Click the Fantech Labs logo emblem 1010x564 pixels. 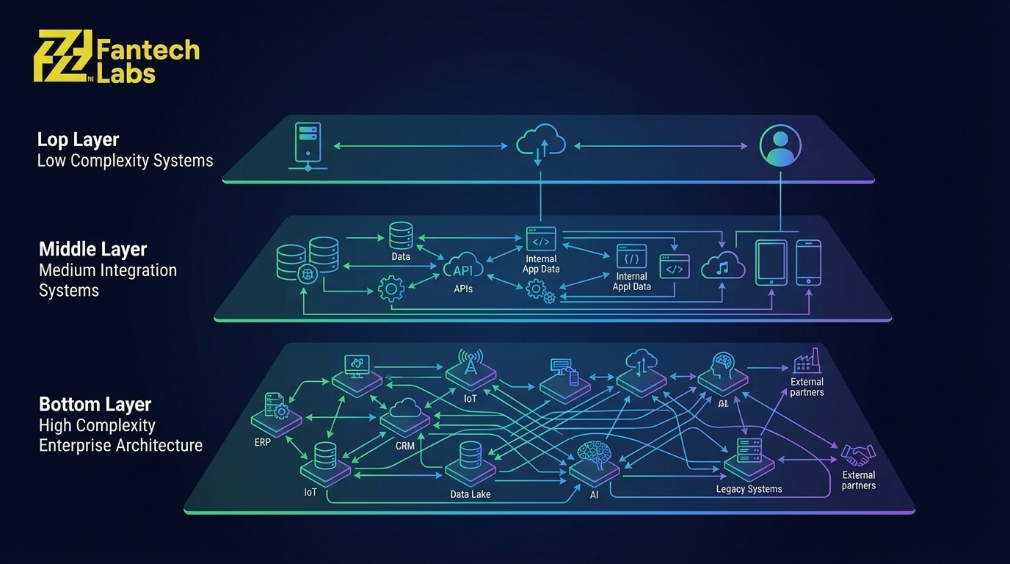click(x=63, y=56)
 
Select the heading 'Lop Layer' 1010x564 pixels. click(x=78, y=140)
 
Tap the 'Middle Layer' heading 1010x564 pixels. click(x=92, y=249)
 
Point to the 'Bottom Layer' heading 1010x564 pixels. click(x=95, y=404)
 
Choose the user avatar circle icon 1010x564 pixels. click(x=780, y=145)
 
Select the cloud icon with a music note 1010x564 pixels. click(x=723, y=266)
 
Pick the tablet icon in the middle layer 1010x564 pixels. click(x=771, y=262)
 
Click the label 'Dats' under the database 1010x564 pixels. click(x=401, y=256)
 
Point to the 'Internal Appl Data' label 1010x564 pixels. click(x=632, y=281)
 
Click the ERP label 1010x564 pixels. click(x=263, y=442)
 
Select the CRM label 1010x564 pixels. click(x=404, y=446)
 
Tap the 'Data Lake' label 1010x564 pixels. click(x=470, y=494)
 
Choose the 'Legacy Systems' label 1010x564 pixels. click(x=749, y=489)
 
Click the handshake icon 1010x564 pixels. click(x=858, y=455)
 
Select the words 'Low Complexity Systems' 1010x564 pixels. click(x=125, y=161)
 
